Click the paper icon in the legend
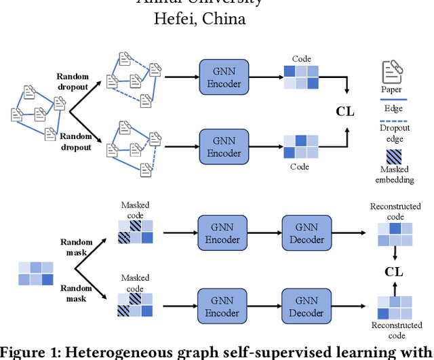pyautogui.click(x=392, y=72)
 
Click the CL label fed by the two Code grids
pyautogui.click(x=345, y=111)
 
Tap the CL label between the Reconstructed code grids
pyautogui.click(x=394, y=272)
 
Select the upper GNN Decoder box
pyautogui.click(x=306, y=234)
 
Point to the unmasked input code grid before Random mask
pyautogui.click(x=36, y=273)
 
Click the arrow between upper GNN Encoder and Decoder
pyautogui.click(x=263, y=234)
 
